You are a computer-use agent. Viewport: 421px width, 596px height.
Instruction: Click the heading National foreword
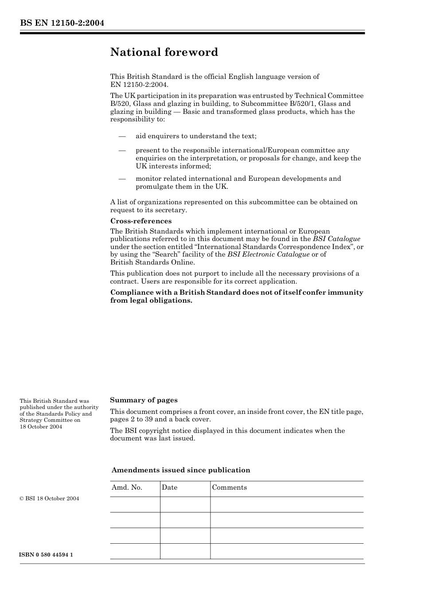click(164, 52)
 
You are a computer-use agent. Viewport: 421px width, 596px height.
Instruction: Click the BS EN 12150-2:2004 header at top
click(62, 23)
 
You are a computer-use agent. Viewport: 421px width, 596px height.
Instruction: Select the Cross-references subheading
click(140, 221)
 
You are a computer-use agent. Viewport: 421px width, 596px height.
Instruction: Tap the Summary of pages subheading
click(144, 400)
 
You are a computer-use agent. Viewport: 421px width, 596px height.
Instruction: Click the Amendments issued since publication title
click(180, 470)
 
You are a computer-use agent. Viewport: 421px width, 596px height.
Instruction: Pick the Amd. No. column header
click(127, 487)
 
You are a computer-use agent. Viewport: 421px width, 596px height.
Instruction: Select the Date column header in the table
click(169, 487)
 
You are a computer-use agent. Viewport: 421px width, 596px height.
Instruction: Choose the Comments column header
click(229, 487)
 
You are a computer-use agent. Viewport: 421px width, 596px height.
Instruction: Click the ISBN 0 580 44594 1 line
click(46, 555)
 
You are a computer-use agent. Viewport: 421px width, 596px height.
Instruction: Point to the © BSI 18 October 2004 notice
click(49, 499)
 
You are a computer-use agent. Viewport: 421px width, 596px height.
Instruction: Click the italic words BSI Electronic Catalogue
click(268, 254)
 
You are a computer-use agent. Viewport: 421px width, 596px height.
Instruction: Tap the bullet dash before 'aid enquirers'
click(122, 136)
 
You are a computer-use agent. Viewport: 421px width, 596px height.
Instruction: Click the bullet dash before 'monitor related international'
click(122, 179)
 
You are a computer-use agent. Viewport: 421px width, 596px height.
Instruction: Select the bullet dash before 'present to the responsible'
click(122, 150)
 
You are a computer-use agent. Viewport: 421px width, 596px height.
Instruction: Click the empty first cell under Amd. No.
click(135, 504)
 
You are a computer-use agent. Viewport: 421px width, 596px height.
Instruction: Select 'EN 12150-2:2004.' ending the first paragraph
click(139, 84)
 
